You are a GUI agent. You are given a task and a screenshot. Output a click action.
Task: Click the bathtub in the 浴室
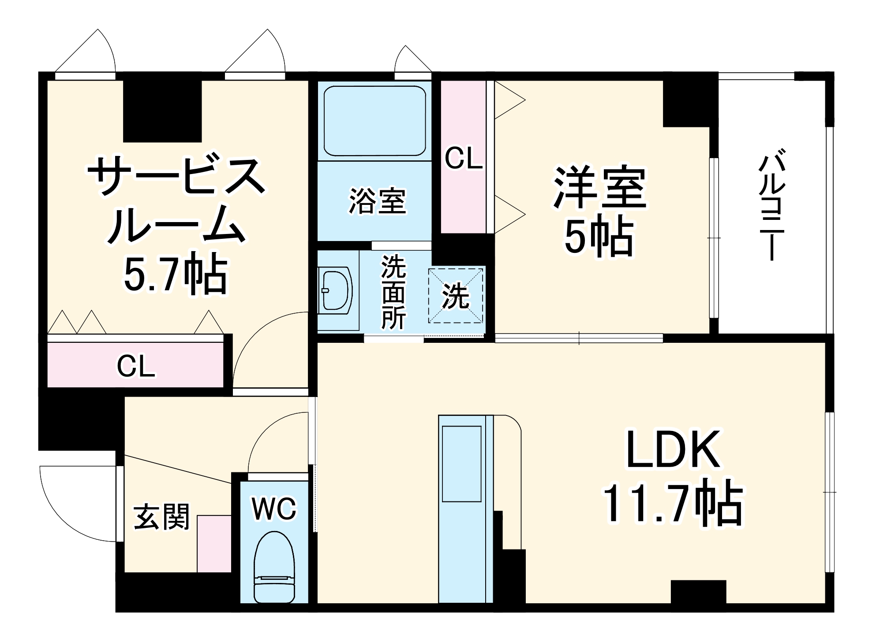[374, 121]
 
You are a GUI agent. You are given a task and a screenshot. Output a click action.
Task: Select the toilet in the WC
[274, 567]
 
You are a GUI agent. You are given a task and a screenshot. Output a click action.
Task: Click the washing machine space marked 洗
[456, 296]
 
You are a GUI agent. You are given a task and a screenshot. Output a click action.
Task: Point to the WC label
[274, 509]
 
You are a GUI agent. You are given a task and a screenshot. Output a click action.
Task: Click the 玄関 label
[161, 516]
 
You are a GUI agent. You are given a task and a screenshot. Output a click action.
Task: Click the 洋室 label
[600, 187]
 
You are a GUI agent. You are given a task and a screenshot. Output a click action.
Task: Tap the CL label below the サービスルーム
[136, 366]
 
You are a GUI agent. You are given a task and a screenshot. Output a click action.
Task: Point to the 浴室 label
[377, 201]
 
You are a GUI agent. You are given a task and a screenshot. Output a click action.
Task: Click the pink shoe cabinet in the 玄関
[214, 544]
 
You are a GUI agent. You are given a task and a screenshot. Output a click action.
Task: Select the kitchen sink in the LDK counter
[461, 464]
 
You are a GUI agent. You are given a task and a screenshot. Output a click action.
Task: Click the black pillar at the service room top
[162, 111]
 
